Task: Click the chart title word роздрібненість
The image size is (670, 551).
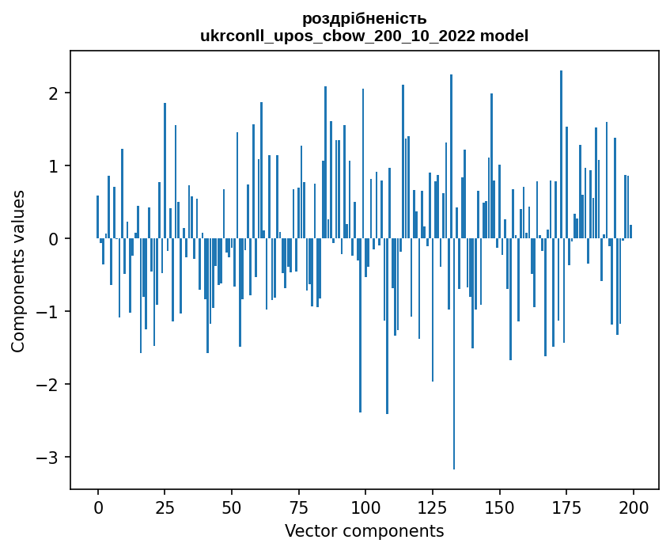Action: click(365, 18)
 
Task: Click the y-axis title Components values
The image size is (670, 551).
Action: click(18, 271)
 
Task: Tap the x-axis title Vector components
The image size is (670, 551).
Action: click(364, 530)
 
